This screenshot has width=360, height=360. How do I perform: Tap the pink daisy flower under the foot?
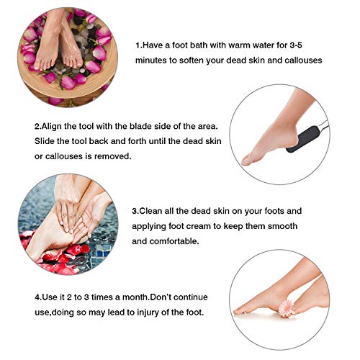click(285, 308)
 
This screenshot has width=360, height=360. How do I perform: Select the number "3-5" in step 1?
click(313, 45)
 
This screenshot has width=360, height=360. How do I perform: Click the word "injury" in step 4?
click(137, 312)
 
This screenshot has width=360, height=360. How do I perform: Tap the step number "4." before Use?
click(37, 297)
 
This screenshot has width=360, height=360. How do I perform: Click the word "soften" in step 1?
click(199, 60)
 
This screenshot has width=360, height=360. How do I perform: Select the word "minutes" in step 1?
click(154, 60)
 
